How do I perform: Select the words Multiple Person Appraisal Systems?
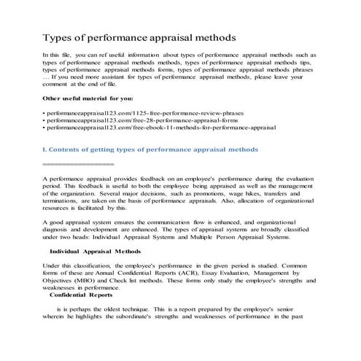click(234, 236)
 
